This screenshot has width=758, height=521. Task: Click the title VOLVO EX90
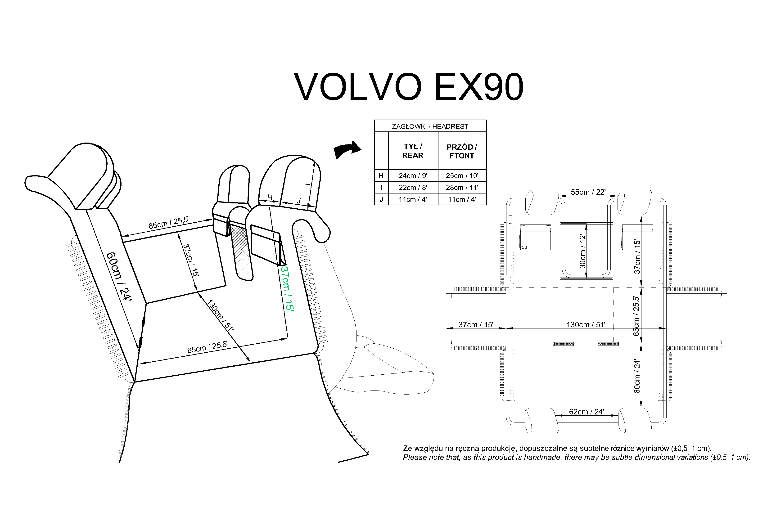click(x=408, y=87)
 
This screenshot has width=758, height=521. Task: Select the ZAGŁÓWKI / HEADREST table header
click(x=430, y=126)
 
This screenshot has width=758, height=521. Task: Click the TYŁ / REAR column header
click(x=413, y=151)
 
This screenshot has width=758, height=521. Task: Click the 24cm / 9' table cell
click(x=413, y=176)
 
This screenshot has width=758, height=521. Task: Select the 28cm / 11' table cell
click(x=462, y=187)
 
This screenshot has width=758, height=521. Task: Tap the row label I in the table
click(x=381, y=187)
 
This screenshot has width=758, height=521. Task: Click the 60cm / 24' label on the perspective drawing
click(x=119, y=276)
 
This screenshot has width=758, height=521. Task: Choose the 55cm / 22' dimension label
click(x=588, y=192)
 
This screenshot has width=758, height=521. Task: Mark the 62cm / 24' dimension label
click(x=586, y=412)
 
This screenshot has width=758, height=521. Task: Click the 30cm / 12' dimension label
click(x=582, y=251)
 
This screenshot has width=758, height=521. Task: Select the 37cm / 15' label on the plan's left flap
click(x=476, y=324)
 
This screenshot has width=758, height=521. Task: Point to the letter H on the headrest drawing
click(x=270, y=197)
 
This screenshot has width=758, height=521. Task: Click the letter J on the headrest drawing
click(x=299, y=201)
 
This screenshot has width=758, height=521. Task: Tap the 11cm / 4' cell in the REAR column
click(x=413, y=199)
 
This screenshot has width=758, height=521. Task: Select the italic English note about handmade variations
click(x=576, y=457)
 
